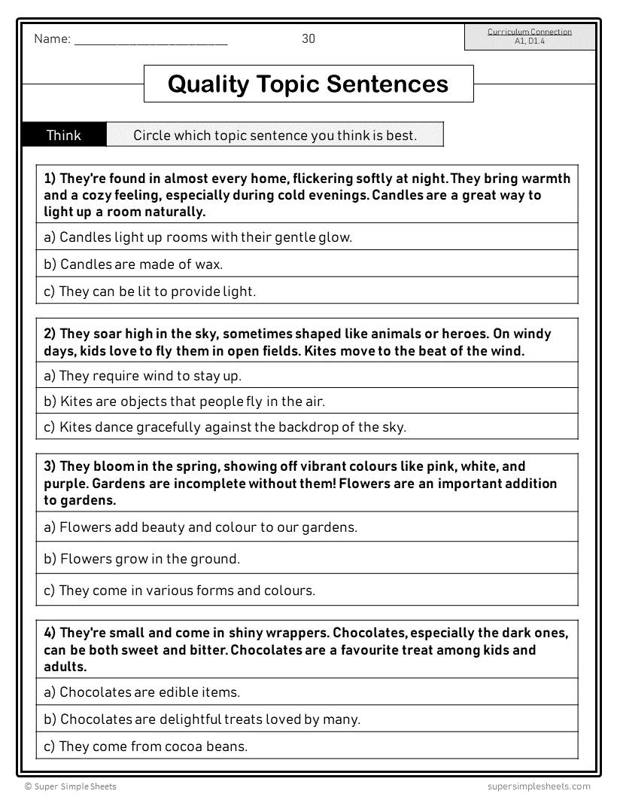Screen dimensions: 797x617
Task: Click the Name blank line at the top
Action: point(150,42)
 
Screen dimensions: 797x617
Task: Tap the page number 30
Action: point(308,39)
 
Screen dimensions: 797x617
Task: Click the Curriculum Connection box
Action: point(529,37)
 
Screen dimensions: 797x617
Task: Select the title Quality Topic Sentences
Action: point(308,84)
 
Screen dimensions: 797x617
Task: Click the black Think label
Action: point(64,136)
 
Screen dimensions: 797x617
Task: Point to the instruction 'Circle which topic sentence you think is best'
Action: point(275,136)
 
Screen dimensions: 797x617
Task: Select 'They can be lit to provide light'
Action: point(150,291)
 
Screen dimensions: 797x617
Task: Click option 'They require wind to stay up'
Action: point(142,375)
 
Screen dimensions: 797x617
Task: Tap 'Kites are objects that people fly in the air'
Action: point(184,402)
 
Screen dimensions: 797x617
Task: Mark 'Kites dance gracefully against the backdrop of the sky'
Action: point(225,427)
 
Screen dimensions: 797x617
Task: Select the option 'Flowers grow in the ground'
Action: point(141,559)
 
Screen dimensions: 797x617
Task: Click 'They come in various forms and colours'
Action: point(179,591)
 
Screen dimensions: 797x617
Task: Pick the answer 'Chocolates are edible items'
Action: point(141,692)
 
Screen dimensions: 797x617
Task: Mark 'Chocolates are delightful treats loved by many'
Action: point(202,719)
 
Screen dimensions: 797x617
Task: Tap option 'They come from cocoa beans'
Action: point(145,747)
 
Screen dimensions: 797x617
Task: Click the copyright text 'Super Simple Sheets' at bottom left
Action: point(71,786)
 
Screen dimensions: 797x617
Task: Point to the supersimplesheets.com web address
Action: point(533,786)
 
